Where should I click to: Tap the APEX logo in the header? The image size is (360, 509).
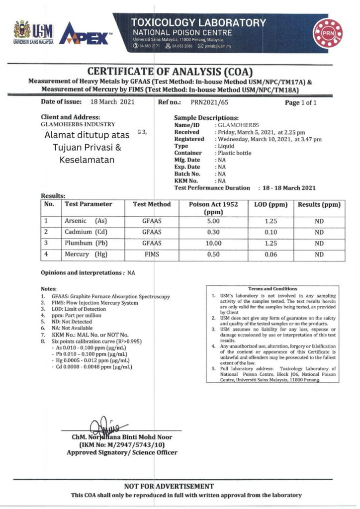[x=85, y=35]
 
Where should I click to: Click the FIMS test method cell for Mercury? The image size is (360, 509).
[x=152, y=254]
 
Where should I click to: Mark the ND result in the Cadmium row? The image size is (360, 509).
[x=319, y=232]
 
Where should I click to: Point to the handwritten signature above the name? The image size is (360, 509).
[x=106, y=425]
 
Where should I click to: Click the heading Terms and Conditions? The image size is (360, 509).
[x=272, y=289]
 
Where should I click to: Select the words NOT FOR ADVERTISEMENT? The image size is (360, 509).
[x=169, y=486]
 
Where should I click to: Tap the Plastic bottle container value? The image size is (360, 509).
[x=234, y=153]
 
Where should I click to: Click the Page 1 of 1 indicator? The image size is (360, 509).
[x=300, y=103]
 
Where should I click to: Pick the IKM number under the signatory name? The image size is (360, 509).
[x=122, y=445]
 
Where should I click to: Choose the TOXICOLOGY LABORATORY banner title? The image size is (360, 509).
[x=198, y=23]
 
